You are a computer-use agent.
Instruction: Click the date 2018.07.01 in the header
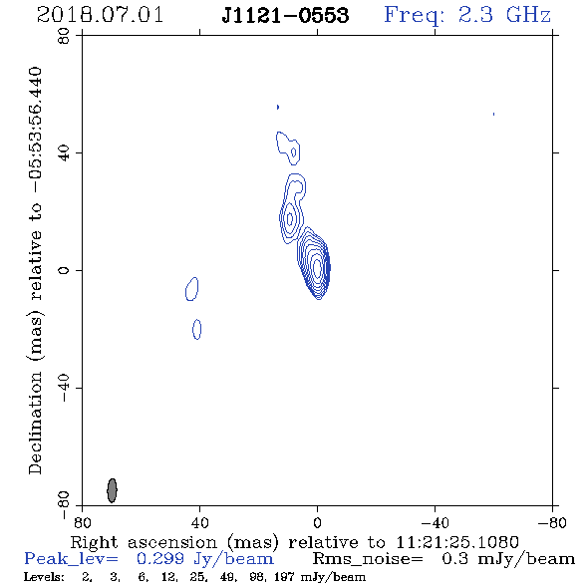pos(100,15)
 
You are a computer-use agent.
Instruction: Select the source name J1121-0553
pos(285,15)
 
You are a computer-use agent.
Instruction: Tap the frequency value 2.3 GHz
pos(504,15)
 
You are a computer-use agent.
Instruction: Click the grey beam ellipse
pos(112,490)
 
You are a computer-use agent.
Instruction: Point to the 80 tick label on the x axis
pos(82,522)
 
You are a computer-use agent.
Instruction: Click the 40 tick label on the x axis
pos(199,522)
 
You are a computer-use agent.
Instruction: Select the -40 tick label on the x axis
pos(435,522)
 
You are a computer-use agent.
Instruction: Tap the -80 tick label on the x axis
pos(552,522)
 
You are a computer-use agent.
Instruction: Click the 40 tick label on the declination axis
pos(64,153)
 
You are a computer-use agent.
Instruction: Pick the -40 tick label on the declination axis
pos(64,388)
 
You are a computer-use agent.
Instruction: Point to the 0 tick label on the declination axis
pos(64,270)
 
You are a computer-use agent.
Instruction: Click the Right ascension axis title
pos(294,542)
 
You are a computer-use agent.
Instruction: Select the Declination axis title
pos(35,270)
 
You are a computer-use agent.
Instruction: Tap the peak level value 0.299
pos(159,559)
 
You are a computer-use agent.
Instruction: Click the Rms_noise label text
pos(368,559)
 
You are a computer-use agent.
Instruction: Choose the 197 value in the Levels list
pos(284,576)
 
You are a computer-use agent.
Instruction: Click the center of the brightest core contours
pos(317,268)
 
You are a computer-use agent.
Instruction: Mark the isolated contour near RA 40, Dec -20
pos(197,329)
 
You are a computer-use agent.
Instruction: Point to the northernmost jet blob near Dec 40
pos(288,148)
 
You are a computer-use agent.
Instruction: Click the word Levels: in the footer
pos(44,576)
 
